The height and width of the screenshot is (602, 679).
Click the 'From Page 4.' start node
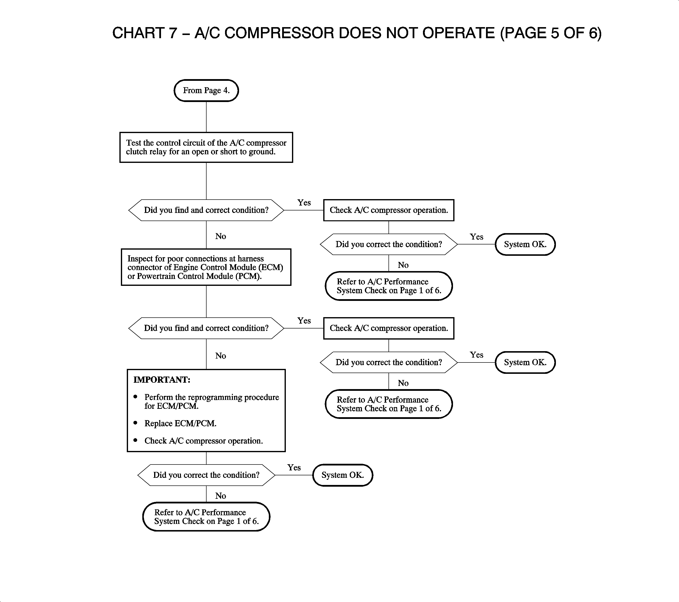coord(206,90)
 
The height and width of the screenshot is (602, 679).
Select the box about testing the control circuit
coord(206,147)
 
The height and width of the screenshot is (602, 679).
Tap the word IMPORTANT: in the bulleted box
coord(162,380)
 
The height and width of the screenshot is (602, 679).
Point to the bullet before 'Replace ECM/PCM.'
coord(135,423)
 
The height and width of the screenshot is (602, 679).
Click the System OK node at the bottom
coord(342,475)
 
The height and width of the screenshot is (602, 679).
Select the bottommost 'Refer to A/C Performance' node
coord(206,516)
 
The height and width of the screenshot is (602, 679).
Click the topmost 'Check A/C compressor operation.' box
coord(389,210)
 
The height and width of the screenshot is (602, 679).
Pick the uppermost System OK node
coord(525,244)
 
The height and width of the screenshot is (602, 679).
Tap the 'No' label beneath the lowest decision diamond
coord(221,496)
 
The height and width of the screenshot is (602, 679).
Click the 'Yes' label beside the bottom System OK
coord(294,467)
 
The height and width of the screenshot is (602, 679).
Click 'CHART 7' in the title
coord(145,33)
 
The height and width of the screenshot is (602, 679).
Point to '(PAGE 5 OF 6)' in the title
coord(551,33)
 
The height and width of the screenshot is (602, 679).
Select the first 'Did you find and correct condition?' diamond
coord(206,210)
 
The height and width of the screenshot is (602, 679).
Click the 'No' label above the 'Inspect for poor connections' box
coord(221,236)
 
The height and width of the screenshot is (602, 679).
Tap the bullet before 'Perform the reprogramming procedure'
coord(135,396)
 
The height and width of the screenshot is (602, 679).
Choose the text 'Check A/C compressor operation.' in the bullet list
coord(203,441)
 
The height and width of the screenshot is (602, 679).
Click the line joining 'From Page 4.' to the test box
coord(206,117)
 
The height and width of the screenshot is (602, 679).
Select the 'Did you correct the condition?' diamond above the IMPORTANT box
coord(389,362)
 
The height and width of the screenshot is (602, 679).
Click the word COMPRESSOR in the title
coord(279,33)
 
